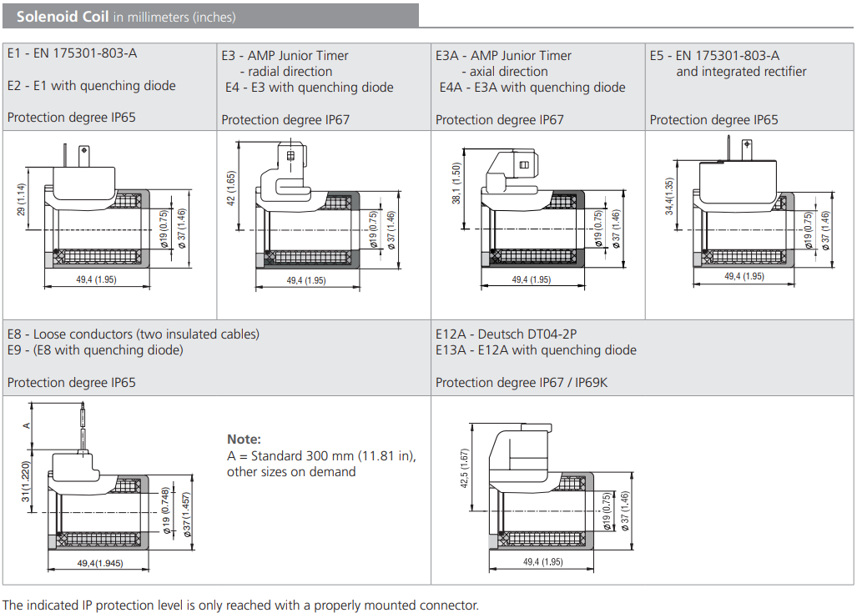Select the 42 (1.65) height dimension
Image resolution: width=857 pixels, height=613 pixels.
click(x=232, y=188)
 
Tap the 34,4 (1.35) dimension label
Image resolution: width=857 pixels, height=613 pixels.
click(x=669, y=197)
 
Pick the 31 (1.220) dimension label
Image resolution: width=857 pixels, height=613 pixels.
click(x=26, y=482)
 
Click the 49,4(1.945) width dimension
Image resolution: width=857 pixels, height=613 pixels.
click(x=100, y=564)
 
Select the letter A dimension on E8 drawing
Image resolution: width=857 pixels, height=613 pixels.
click(x=26, y=425)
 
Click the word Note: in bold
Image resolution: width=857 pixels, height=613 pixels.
click(x=244, y=439)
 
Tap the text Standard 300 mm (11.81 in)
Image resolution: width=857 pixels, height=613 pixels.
click(x=321, y=455)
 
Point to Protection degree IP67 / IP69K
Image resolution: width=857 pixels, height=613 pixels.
click(x=522, y=382)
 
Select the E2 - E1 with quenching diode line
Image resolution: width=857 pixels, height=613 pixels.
click(x=91, y=85)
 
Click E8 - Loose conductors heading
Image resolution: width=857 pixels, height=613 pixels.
click(x=133, y=334)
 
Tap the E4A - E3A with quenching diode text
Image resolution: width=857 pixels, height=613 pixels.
click(x=532, y=87)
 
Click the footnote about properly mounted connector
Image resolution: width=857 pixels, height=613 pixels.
click(x=240, y=605)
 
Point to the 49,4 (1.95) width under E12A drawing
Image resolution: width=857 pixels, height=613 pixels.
click(x=542, y=562)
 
